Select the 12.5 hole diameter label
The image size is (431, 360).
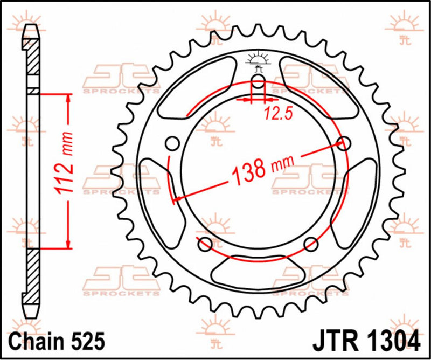pos(274,113)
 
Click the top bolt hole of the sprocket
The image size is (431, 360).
pos(258,82)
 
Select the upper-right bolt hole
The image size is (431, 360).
pos(343,143)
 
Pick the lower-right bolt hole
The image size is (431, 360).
pos(310,244)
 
